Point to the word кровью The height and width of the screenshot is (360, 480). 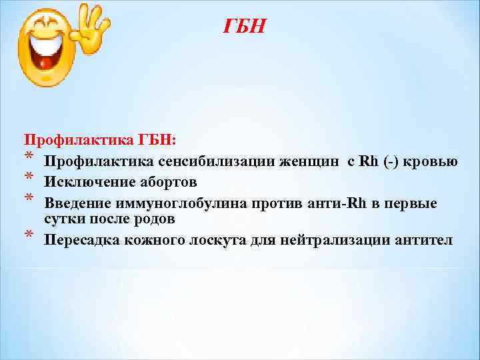click(x=434, y=161)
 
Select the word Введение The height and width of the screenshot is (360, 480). click(x=76, y=203)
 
